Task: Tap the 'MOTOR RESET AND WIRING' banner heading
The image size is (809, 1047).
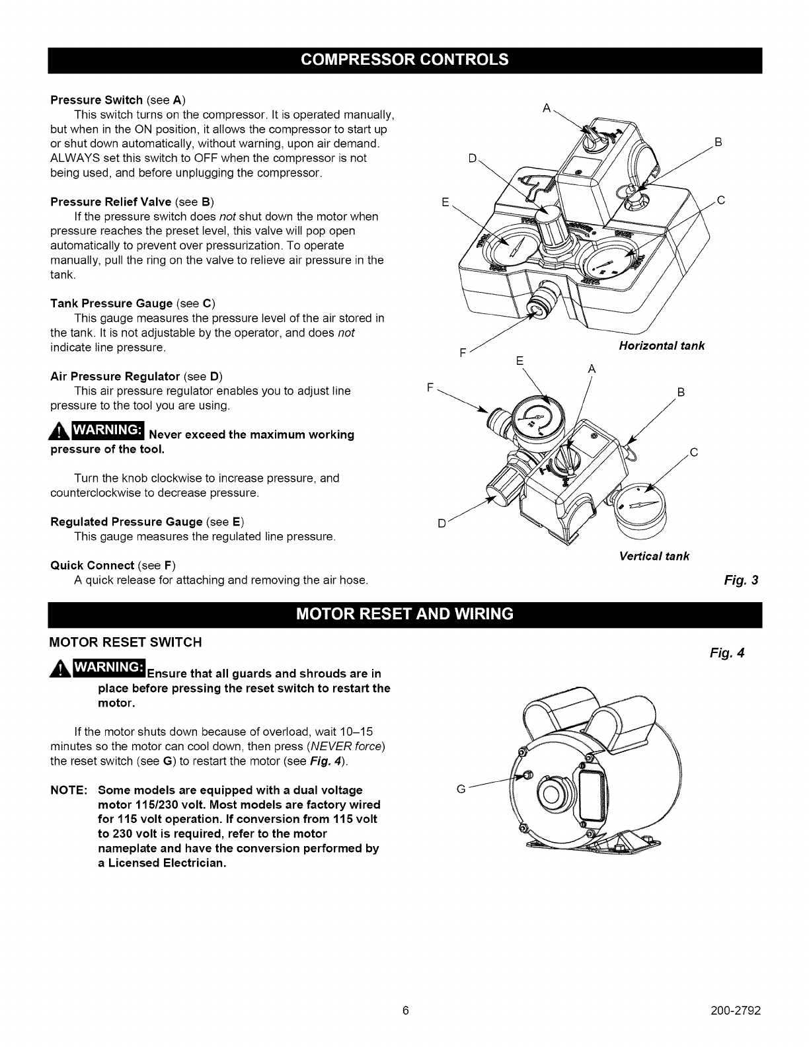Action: point(404,614)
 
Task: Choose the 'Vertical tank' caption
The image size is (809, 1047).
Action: point(654,556)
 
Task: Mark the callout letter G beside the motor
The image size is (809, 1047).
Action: point(461,789)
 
